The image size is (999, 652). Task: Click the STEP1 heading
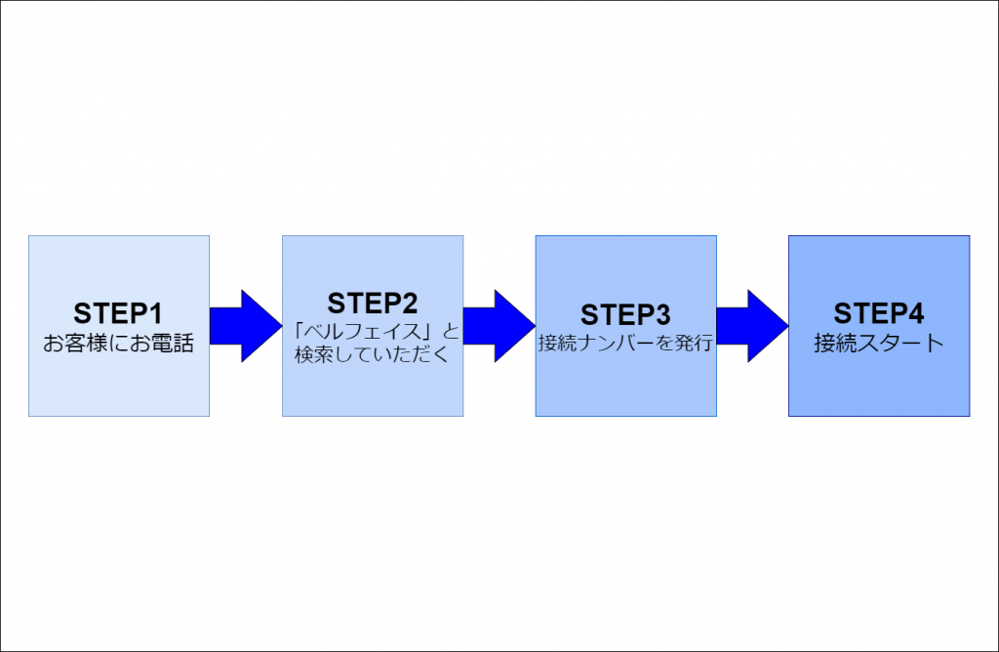(x=118, y=313)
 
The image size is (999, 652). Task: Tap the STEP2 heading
(x=372, y=303)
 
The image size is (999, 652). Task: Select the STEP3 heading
(x=625, y=314)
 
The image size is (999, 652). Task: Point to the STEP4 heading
(x=879, y=313)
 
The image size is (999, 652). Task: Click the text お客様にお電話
(x=118, y=343)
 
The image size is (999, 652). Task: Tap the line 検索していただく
(x=372, y=354)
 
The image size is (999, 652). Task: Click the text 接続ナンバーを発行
(x=625, y=343)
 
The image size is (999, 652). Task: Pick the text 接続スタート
(x=879, y=343)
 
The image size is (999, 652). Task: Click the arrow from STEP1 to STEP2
(x=246, y=326)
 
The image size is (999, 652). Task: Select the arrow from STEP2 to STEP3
(x=499, y=326)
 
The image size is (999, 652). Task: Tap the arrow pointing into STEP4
(x=752, y=326)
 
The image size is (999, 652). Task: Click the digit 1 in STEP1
(x=155, y=313)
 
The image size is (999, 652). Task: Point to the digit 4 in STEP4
(x=915, y=313)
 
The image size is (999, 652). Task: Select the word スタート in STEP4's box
(x=899, y=343)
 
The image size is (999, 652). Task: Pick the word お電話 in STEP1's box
(x=162, y=343)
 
